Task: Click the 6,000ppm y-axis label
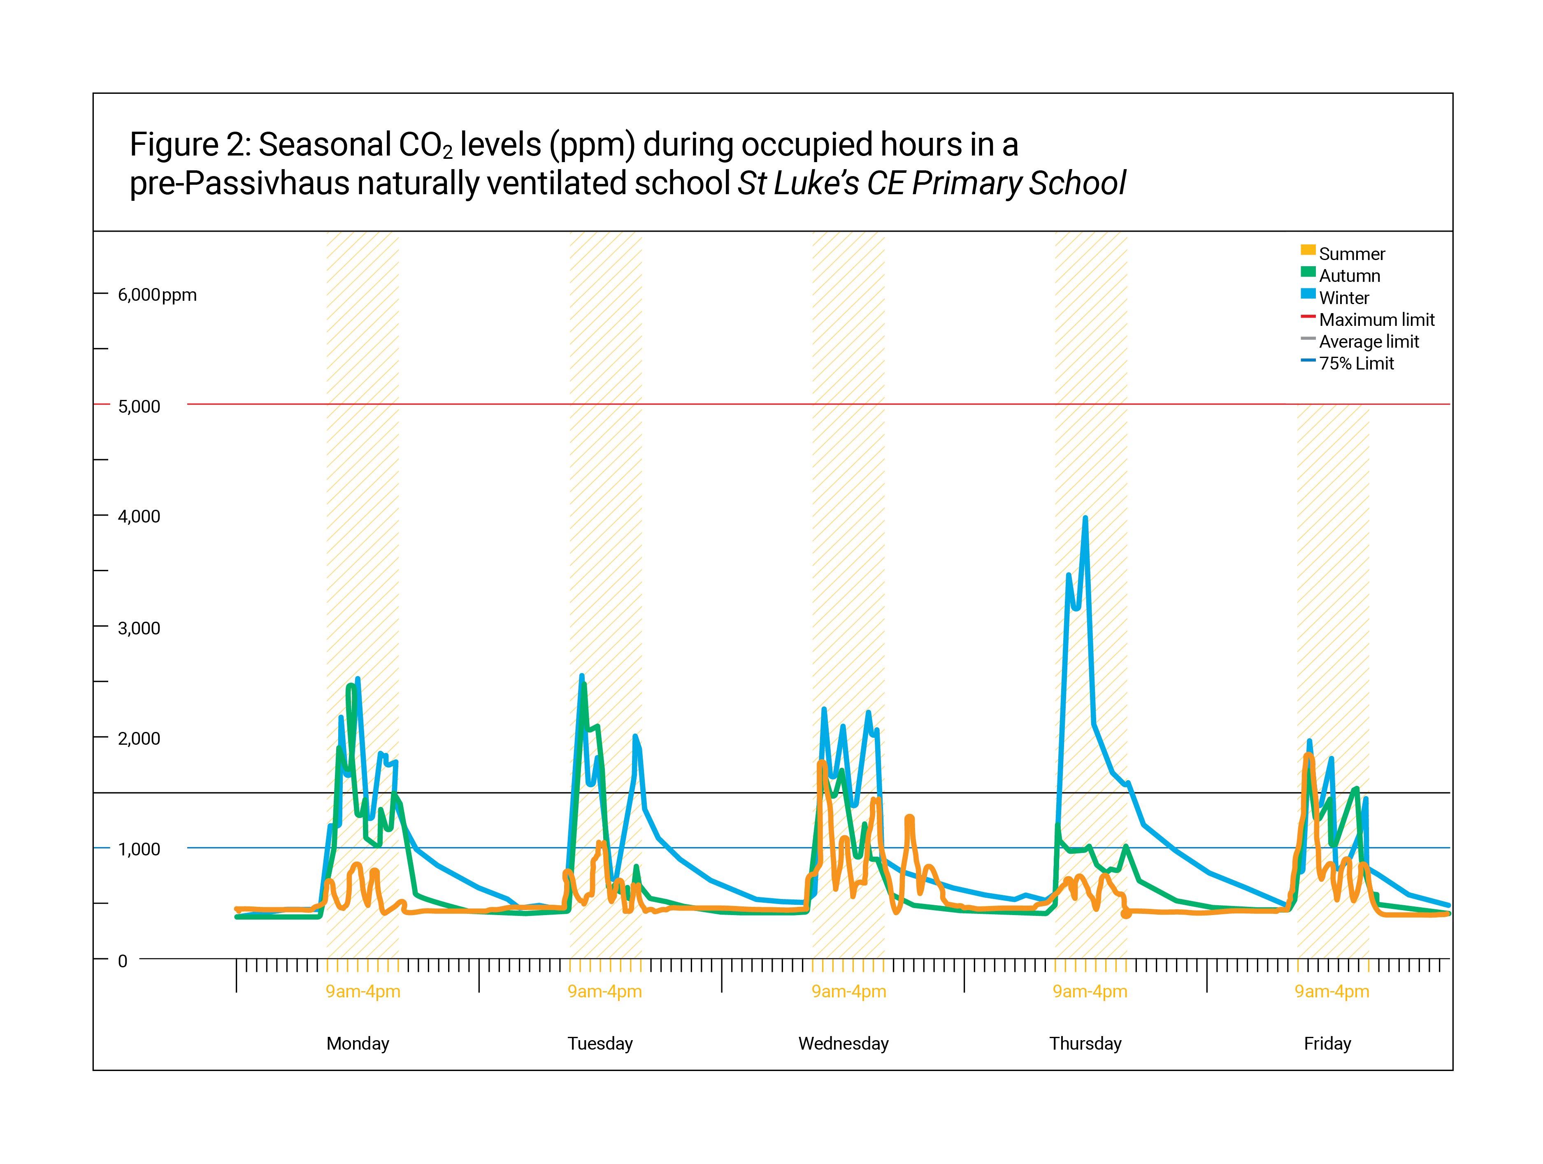157,295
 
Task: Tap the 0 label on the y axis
123,961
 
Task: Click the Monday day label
358,1043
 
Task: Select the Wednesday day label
844,1043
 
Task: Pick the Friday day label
1327,1043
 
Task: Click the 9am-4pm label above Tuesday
605,991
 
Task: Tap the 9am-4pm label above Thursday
1090,991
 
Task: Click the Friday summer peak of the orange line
1308,755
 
